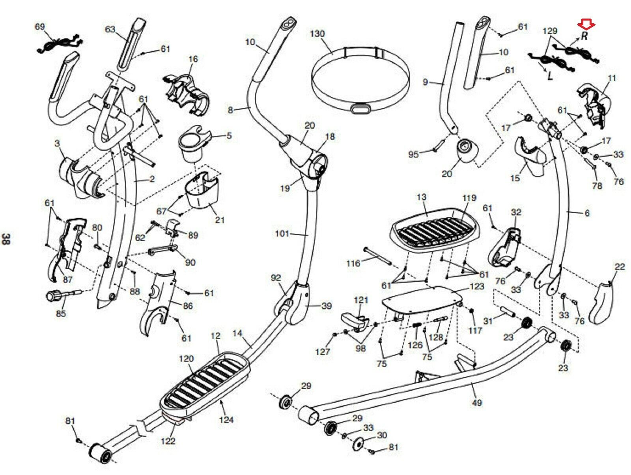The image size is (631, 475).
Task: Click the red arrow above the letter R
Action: (586, 26)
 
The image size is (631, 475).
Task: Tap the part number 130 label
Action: (317, 34)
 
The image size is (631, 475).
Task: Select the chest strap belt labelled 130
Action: (360, 81)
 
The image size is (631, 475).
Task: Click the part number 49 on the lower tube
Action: (477, 403)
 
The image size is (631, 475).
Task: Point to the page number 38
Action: (6, 239)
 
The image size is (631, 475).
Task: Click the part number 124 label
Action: (226, 420)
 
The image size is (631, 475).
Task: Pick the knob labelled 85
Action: (54, 295)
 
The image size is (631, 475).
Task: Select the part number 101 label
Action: (282, 233)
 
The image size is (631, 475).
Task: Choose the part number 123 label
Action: (477, 286)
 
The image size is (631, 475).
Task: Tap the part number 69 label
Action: (40, 26)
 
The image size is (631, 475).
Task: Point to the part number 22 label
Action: (620, 267)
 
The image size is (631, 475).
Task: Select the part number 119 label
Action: (469, 197)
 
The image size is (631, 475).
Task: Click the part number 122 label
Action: (168, 440)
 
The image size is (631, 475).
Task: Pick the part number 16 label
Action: (193, 59)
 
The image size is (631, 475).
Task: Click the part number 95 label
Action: (413, 154)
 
